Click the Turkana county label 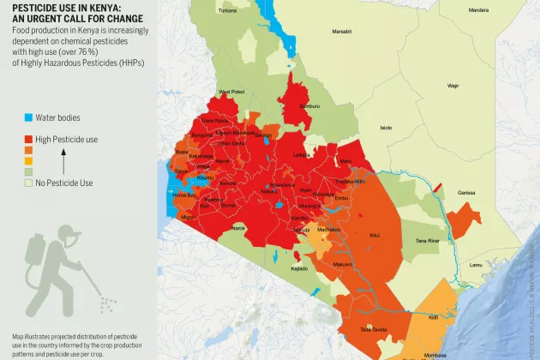pos(227,10)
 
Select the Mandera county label pos(479,10)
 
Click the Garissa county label pos(465,193)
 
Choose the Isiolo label pos(386,128)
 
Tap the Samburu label pos(309,105)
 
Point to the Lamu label pos(476,265)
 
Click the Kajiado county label pos(299,268)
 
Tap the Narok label pos(238,228)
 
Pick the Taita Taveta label pos(373,328)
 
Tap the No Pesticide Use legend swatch pos(28,183)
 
